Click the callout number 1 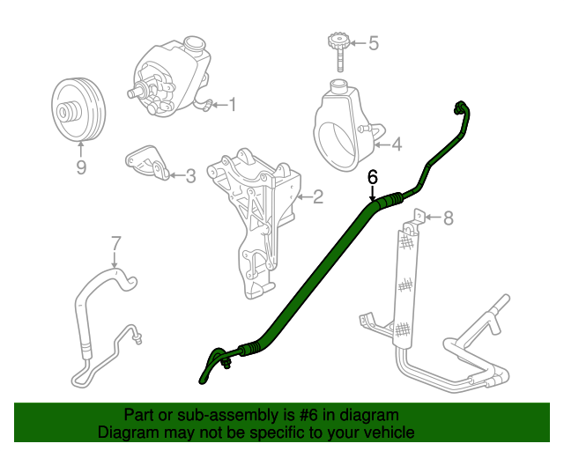(234, 106)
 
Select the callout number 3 (189, 176)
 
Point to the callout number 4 (396, 144)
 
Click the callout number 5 (373, 42)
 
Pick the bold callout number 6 (373, 176)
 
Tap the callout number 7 (115, 242)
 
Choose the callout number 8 (448, 218)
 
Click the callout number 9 (81, 166)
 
